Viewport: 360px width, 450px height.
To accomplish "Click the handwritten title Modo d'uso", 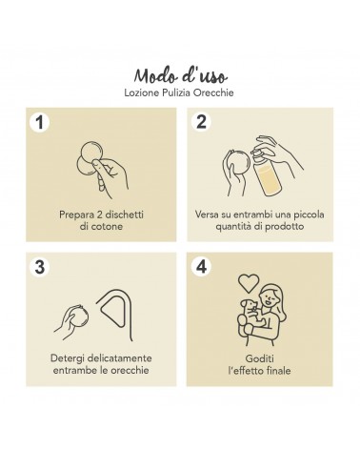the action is pos(181,75).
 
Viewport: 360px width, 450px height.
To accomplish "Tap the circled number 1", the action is pos(39,122).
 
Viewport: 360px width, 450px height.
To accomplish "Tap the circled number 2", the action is pos(201,122).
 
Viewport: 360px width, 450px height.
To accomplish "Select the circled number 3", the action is pos(39,266).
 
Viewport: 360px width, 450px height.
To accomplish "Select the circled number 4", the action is pos(201,266).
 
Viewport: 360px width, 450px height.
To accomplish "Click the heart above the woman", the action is pos(249,283).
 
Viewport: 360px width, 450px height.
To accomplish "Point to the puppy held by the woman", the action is pos(250,316).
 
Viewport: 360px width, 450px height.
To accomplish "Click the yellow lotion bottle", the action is pos(267,174).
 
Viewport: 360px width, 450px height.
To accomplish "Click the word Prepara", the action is pos(75,215).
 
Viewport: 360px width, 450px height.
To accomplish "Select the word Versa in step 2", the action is pos(207,215).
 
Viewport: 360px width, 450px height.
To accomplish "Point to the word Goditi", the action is pos(259,358).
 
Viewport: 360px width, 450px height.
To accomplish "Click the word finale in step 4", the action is pos(278,371).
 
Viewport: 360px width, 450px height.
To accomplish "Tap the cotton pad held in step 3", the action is pos(79,317).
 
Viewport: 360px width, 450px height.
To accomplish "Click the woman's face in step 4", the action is pos(267,298).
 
